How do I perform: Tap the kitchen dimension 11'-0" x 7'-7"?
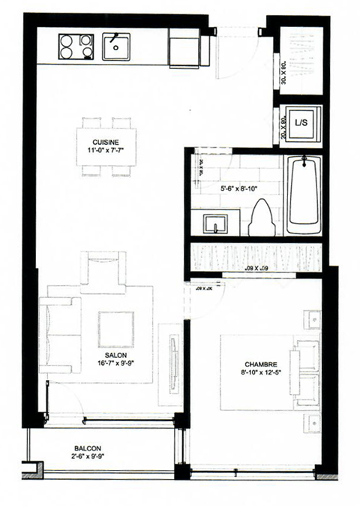click(105, 150)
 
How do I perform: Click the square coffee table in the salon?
click(115, 329)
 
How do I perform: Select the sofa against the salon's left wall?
click(60, 334)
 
